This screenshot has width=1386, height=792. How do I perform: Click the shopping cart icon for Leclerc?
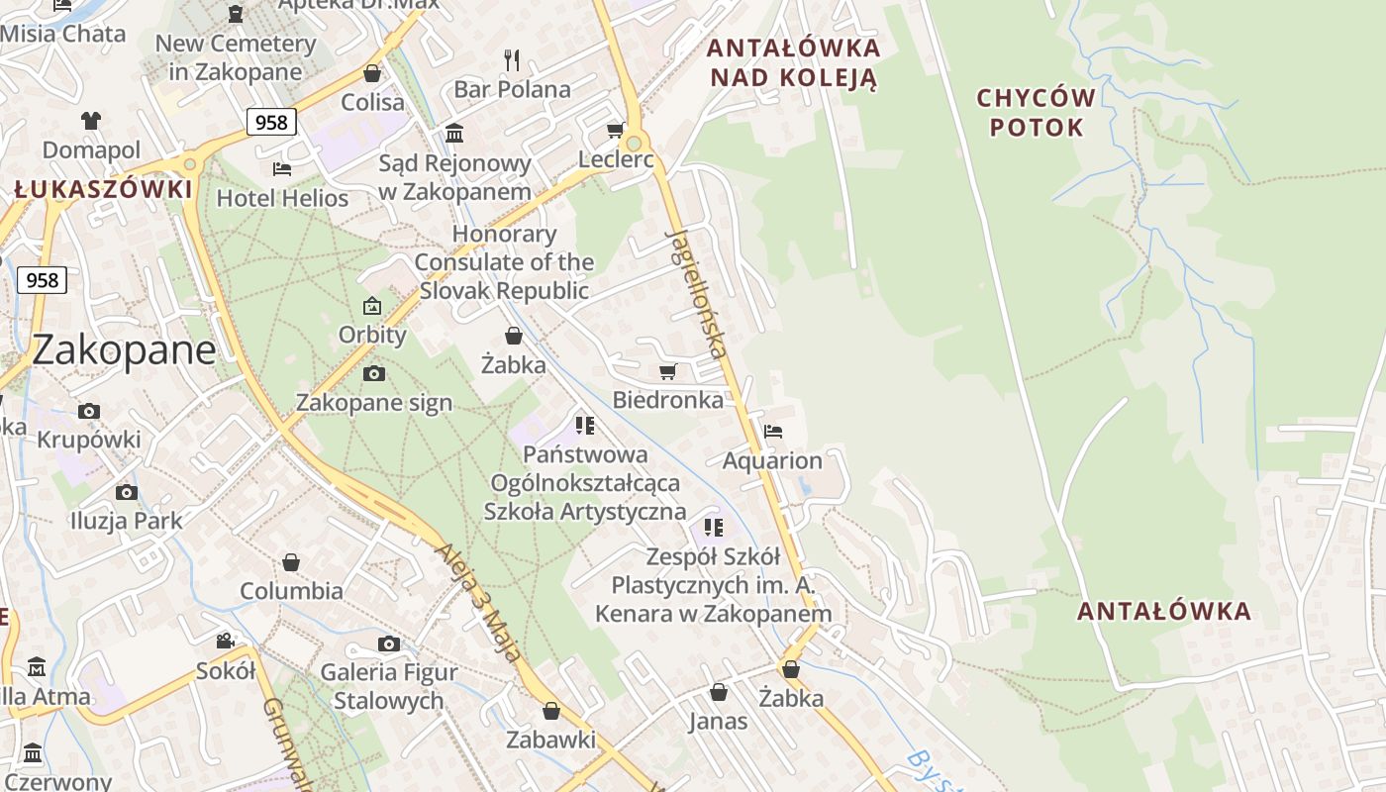[x=615, y=131]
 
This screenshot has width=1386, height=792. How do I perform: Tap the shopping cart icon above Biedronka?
[x=668, y=371]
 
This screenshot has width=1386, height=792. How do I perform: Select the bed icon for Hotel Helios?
[x=282, y=168]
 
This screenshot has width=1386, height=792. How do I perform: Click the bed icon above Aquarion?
[x=773, y=431]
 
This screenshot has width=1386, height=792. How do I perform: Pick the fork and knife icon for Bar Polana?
[x=512, y=60]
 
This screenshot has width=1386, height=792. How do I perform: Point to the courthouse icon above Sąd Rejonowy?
[x=454, y=133]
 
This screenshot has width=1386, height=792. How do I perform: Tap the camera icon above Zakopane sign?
[x=373, y=373]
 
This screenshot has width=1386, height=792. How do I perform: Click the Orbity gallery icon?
[x=372, y=306]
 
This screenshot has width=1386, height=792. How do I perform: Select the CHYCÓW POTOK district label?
[x=1037, y=113]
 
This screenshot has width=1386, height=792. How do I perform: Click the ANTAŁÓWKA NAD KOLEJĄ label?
[x=794, y=62]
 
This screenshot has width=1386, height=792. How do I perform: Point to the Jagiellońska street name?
[x=698, y=294]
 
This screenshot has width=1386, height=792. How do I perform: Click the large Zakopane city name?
[x=124, y=350]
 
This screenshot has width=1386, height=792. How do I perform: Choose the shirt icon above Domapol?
[x=91, y=121]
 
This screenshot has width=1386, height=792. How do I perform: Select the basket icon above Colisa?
[x=372, y=73]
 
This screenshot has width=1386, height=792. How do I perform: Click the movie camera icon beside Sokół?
[x=226, y=641]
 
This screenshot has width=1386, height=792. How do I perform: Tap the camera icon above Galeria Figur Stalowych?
[x=389, y=643]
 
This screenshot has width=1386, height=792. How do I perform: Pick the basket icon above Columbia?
[x=291, y=562]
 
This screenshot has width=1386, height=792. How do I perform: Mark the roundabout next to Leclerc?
[x=635, y=145]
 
